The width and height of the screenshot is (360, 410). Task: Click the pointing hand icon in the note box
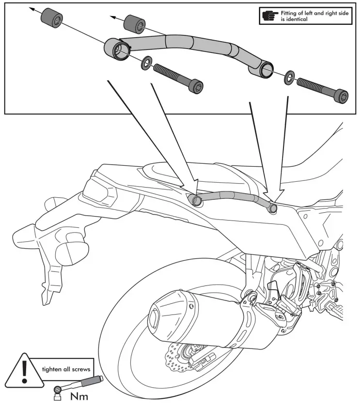pyautogui.click(x=270, y=16)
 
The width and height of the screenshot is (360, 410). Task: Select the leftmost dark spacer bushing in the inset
pyautogui.click(x=50, y=18)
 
